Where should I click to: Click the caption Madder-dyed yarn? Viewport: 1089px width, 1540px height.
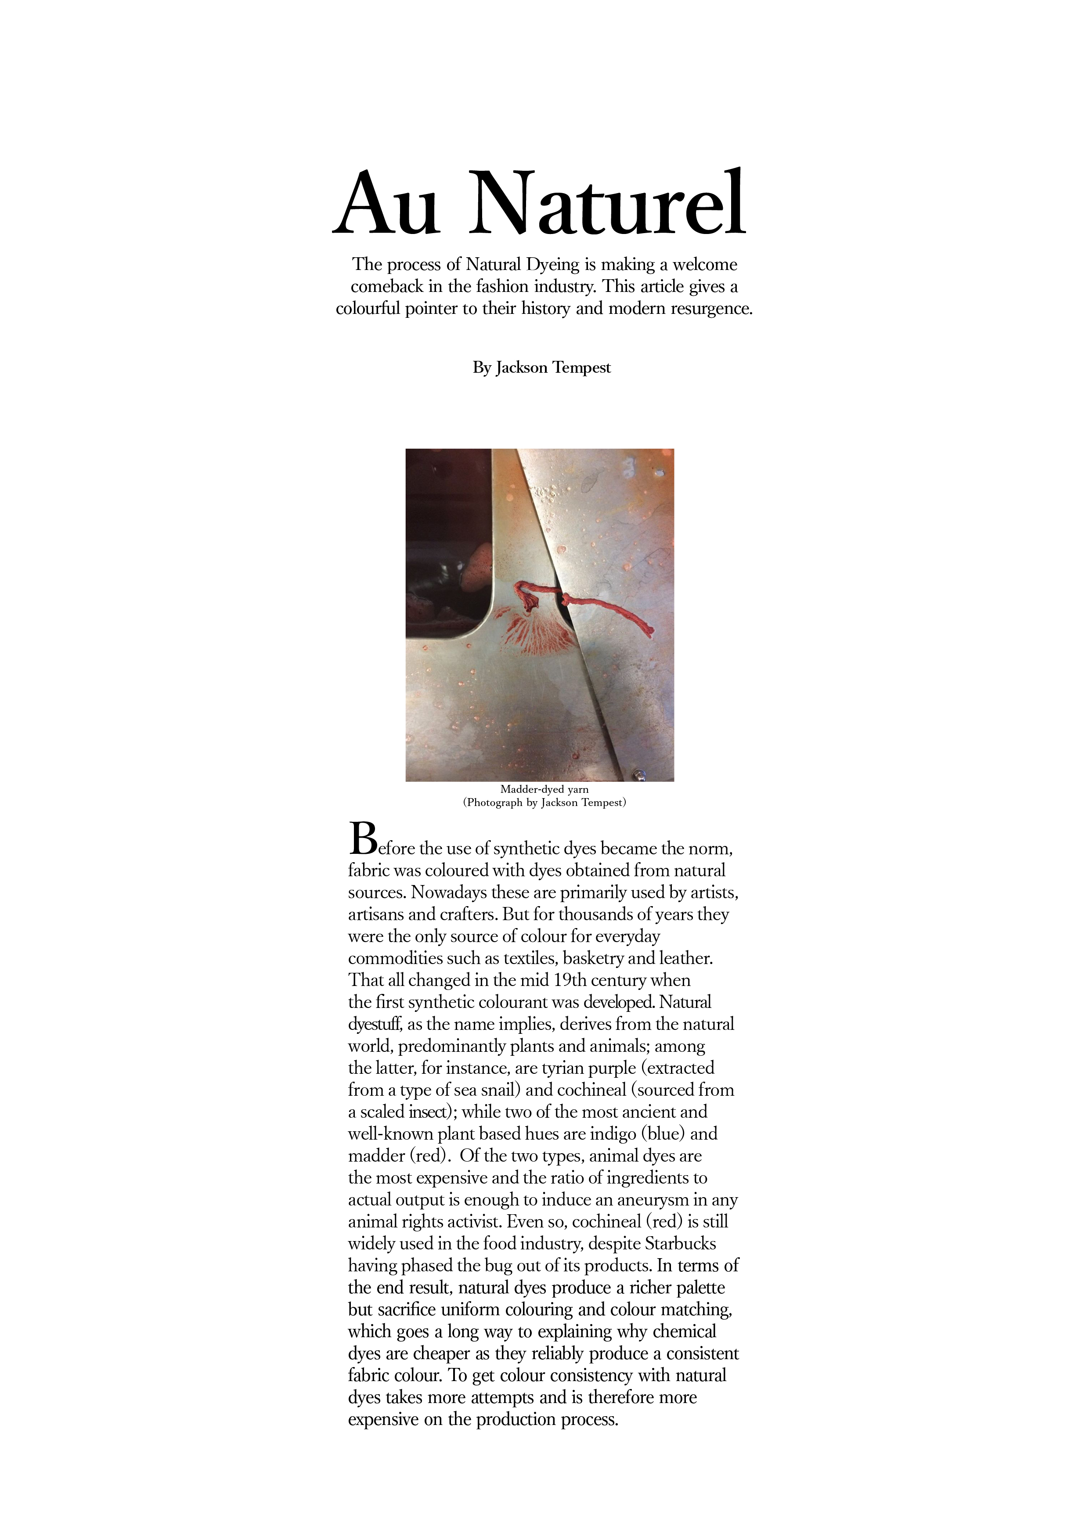tap(544, 789)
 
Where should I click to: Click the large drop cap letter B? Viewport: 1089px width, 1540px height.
tap(362, 838)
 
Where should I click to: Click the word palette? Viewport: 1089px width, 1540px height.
tap(700, 1287)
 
